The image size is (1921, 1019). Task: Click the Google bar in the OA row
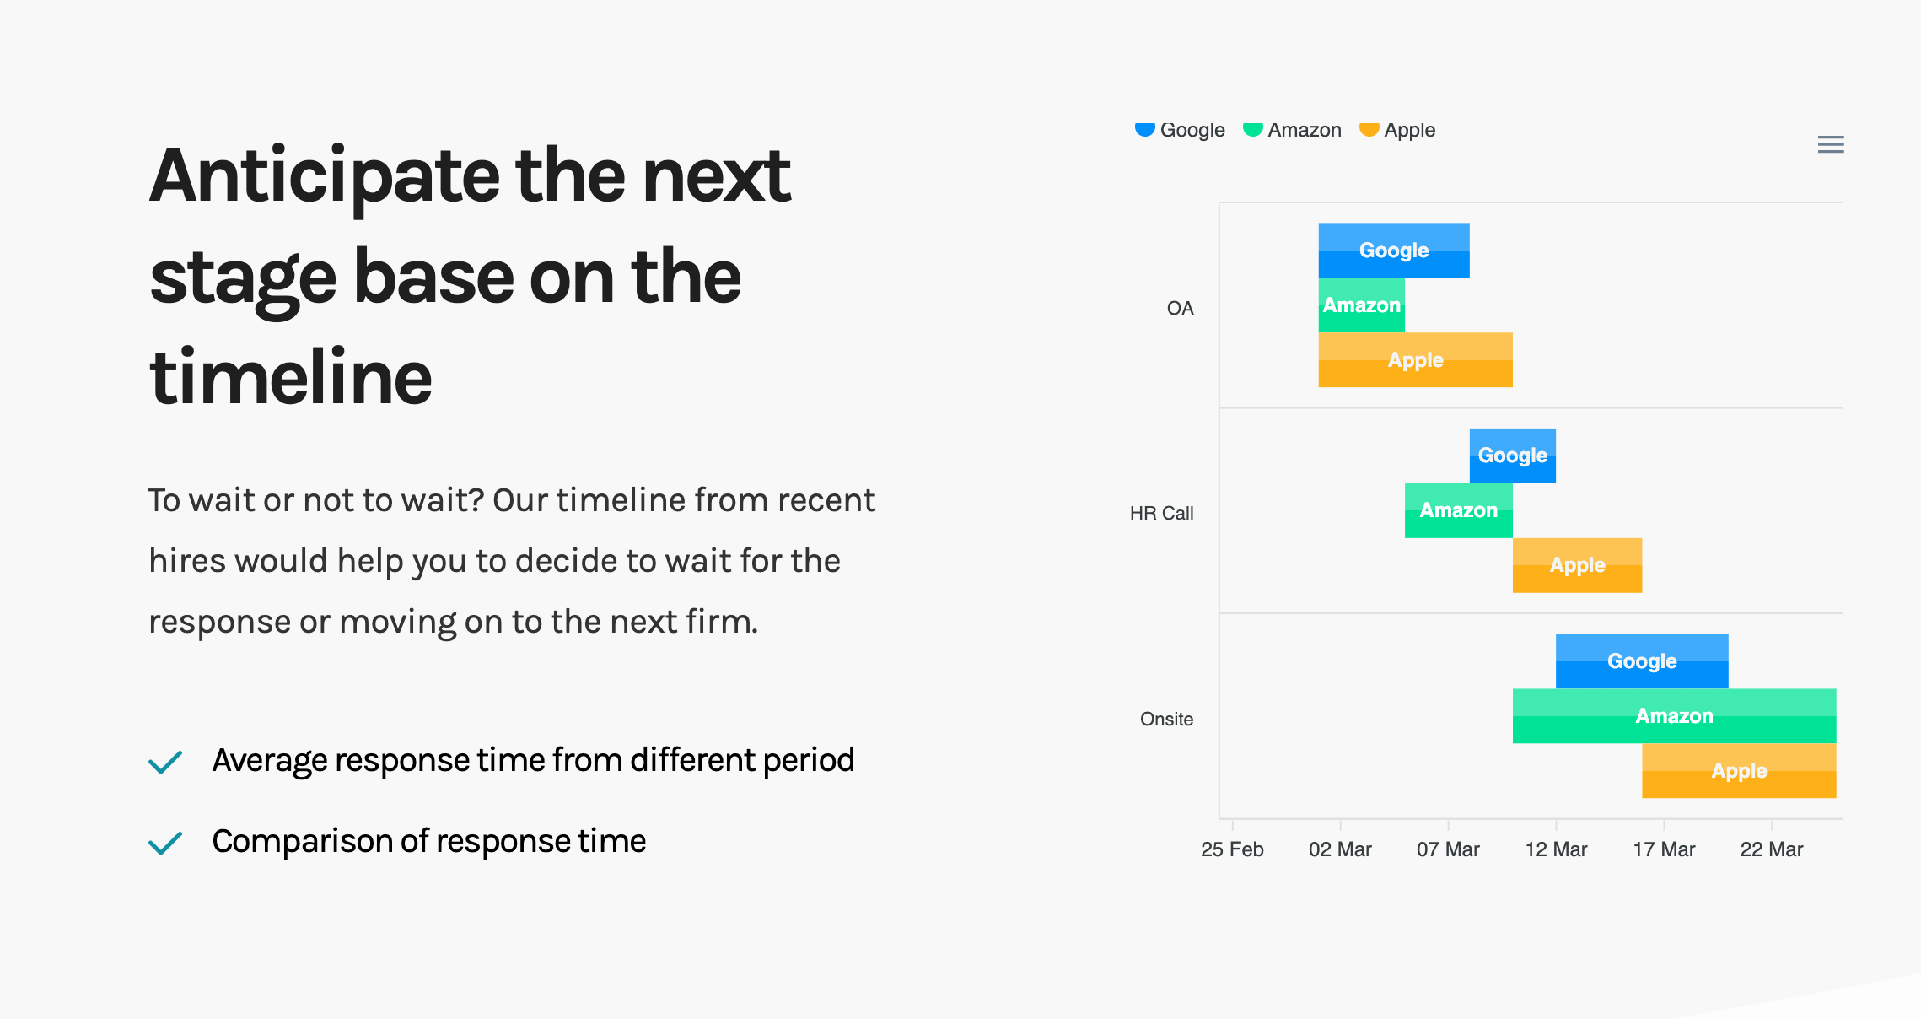[x=1394, y=251]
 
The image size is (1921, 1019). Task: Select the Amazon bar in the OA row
[x=1362, y=305]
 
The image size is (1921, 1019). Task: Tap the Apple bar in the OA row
[x=1416, y=360]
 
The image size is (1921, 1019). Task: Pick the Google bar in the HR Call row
[x=1513, y=456]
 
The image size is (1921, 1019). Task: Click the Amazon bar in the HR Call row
[x=1459, y=510]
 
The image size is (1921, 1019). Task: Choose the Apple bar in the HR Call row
[x=1578, y=565]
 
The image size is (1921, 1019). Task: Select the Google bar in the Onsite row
[x=1642, y=661]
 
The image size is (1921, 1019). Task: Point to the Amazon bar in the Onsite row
[x=1675, y=716]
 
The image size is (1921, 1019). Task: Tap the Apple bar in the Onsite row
[x=1740, y=771]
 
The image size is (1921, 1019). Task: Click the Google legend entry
[x=1180, y=130]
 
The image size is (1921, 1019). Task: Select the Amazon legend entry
[x=1292, y=130]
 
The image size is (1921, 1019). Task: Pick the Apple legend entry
[x=1397, y=130]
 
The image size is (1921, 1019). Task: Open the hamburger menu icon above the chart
[x=1831, y=144]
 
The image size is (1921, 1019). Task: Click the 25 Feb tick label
[x=1232, y=849]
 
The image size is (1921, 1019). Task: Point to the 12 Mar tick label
[x=1556, y=849]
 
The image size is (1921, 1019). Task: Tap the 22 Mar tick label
[x=1772, y=849]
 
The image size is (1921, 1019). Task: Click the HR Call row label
[x=1162, y=513]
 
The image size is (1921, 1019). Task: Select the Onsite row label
[x=1167, y=719]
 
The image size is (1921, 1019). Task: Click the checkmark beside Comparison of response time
[x=165, y=843]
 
